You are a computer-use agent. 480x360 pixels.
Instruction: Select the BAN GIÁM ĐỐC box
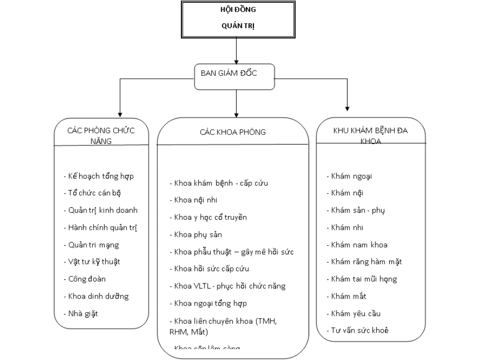point(235,76)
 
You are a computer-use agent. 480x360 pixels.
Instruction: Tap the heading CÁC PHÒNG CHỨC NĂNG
point(101,135)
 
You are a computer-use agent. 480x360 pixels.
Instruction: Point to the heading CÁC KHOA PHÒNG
point(232,132)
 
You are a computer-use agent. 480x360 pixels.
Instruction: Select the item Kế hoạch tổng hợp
point(98,176)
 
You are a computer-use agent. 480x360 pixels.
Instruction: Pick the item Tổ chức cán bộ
point(92,193)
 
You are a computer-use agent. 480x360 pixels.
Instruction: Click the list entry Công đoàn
point(84,278)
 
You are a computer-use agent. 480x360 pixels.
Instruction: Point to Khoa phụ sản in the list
point(195,234)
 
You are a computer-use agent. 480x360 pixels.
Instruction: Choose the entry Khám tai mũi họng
point(361,279)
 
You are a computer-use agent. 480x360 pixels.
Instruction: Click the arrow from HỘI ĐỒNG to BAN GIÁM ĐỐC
point(237,50)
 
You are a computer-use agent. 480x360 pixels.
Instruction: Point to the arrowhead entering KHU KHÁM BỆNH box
point(348,108)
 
